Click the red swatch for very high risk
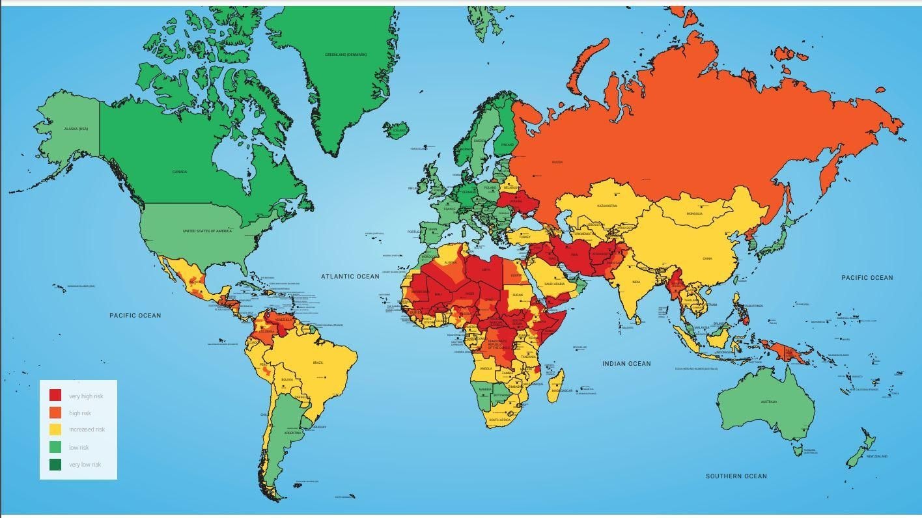[x=55, y=395]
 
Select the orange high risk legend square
[x=55, y=413]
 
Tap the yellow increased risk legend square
[x=55, y=429]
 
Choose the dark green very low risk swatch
[x=55, y=464]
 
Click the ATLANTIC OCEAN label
[x=350, y=277]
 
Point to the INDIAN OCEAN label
[x=626, y=364]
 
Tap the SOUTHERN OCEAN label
[x=736, y=476]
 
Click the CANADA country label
[x=180, y=172]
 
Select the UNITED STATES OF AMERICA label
[x=207, y=231]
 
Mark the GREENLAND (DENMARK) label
[x=346, y=55]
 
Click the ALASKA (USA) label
[x=76, y=129]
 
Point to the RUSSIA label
[x=557, y=162]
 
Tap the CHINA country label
[x=707, y=258]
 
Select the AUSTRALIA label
[x=768, y=402]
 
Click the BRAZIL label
[x=318, y=362]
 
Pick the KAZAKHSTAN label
[x=606, y=206]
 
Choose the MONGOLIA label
[x=694, y=213]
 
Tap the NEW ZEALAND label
[x=876, y=456]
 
